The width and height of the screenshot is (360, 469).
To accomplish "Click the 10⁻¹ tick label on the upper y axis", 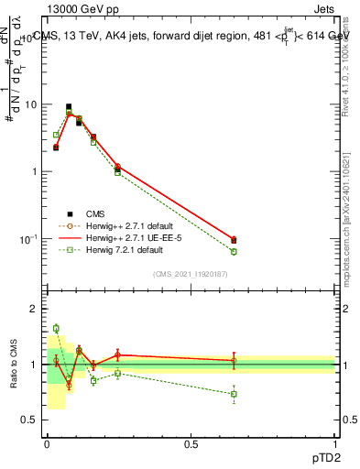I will (28, 239).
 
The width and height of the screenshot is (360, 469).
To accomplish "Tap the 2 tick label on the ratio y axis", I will (34, 310).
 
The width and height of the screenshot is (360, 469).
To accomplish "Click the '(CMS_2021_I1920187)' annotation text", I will (191, 274).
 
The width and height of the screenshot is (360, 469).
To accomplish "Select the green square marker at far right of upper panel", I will (234, 252).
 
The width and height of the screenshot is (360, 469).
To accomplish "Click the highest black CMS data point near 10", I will (69, 107).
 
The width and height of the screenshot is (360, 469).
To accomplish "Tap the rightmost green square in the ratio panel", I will (234, 395).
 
